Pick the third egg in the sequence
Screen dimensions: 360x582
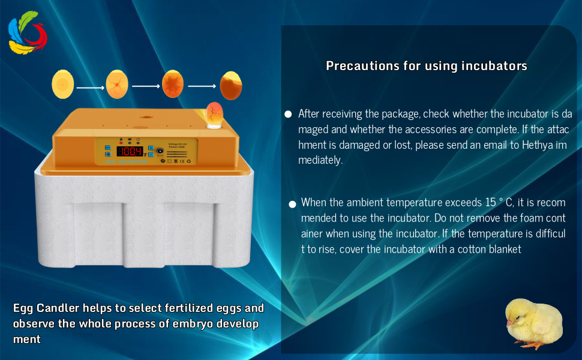point(173,84)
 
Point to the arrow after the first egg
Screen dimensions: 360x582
point(90,88)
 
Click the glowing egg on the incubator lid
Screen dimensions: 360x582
point(214,113)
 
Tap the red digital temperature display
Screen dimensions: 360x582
point(130,151)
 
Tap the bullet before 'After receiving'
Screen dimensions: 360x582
point(288,113)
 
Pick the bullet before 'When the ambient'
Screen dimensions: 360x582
point(292,205)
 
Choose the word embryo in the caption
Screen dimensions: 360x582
point(178,324)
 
